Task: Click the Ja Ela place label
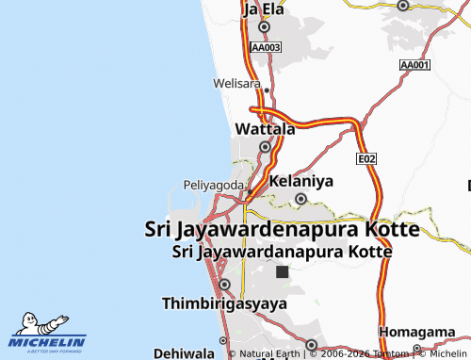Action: (x=264, y=10)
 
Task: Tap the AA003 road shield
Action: (x=267, y=46)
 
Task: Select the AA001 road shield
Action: (x=414, y=65)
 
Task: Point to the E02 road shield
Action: (x=366, y=161)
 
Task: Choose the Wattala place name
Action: (x=265, y=128)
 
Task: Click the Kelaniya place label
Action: (x=301, y=180)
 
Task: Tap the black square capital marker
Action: (x=281, y=271)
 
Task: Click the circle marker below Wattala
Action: (x=265, y=147)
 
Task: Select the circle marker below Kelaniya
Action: (x=300, y=199)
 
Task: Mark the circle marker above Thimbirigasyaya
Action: (x=223, y=284)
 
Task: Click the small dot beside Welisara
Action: (x=267, y=90)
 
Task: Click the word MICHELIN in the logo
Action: (x=49, y=342)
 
